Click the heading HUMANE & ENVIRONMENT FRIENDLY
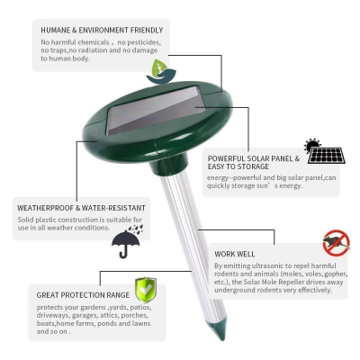click(102, 30)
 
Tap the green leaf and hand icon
click(161, 71)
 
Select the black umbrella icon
click(127, 241)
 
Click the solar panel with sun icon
click(325, 150)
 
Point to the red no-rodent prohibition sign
click(337, 243)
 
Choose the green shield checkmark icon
click(146, 290)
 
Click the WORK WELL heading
click(235, 254)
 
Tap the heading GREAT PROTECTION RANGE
click(83, 295)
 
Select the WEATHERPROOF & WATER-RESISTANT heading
click(81, 208)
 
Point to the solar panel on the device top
click(156, 110)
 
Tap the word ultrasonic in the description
click(267, 265)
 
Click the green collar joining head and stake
click(169, 165)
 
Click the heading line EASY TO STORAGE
click(238, 166)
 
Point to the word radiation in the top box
click(93, 50)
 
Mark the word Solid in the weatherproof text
click(25, 220)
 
